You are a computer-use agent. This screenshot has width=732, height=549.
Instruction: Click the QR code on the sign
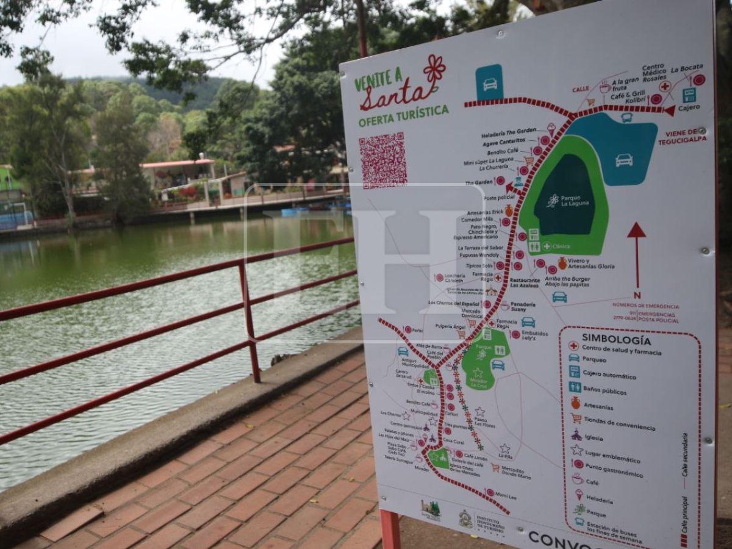(383, 160)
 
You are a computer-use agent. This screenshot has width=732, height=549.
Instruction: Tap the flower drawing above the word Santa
(434, 69)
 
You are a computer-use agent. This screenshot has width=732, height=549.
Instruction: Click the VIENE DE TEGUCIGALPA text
(682, 137)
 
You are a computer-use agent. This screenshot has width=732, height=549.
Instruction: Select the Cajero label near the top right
(689, 108)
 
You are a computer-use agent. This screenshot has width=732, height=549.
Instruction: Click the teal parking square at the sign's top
(489, 82)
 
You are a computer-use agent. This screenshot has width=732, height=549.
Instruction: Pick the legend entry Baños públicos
(605, 391)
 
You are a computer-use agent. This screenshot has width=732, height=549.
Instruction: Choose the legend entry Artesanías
(598, 406)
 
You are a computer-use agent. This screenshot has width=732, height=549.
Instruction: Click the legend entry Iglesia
(593, 437)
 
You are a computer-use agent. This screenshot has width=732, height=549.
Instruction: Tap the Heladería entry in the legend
(599, 500)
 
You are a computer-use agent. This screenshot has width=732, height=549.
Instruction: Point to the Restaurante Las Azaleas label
(525, 282)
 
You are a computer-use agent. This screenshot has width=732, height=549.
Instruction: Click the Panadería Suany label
(523, 307)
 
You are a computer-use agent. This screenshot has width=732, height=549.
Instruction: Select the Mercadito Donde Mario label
(515, 473)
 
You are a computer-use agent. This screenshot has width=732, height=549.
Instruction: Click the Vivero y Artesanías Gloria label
(590, 264)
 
